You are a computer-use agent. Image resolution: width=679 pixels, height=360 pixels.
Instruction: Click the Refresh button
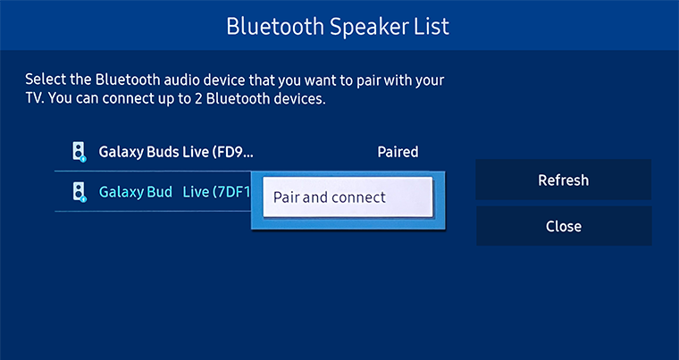tap(564, 180)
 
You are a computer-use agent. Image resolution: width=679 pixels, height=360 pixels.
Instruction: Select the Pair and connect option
tap(348, 197)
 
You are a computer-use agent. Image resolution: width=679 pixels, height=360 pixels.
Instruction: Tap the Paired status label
tap(398, 152)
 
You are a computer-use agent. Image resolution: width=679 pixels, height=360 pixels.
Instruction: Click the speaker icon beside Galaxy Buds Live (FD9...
tap(79, 152)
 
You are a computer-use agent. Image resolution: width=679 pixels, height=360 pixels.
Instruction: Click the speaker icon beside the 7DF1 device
tap(79, 192)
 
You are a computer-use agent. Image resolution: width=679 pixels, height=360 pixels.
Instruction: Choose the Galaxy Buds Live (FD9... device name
tap(176, 152)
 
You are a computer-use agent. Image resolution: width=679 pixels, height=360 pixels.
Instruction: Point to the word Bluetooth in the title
tap(275, 27)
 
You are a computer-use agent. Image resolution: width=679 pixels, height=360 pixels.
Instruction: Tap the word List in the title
tap(432, 27)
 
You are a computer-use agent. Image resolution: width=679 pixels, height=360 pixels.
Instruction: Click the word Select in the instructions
tap(44, 80)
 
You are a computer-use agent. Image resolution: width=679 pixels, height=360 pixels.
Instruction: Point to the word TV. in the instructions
tap(35, 99)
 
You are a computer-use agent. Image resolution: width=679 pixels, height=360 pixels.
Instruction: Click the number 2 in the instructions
tap(198, 99)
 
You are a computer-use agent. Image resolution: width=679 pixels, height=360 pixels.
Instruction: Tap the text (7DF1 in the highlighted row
tap(230, 192)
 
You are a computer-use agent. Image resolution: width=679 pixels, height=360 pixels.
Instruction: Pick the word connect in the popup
tap(357, 197)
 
